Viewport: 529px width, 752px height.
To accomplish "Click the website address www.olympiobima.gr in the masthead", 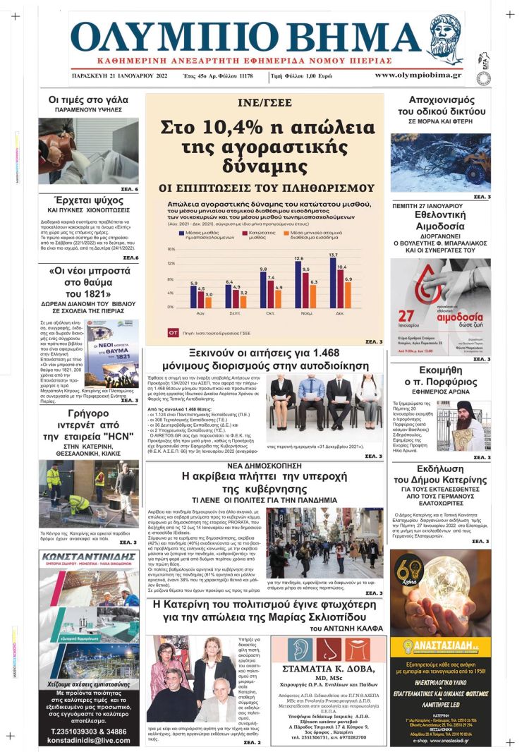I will click(418, 75).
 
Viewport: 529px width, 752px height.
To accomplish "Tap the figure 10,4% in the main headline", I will click(214, 130).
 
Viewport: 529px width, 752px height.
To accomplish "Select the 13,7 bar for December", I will click(333, 282).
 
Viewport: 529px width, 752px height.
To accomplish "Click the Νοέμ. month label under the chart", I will click(298, 312).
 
